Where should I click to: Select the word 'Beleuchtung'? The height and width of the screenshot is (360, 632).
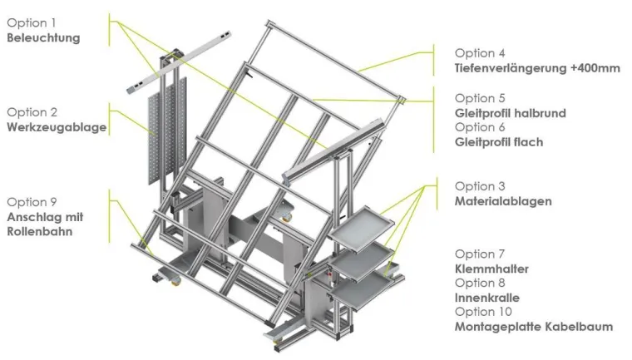click(x=44, y=37)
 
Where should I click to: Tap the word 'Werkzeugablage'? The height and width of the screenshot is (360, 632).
click(x=56, y=127)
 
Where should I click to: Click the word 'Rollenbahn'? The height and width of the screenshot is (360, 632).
click(x=40, y=232)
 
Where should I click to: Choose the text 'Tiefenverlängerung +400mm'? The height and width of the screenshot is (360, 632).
click(x=537, y=68)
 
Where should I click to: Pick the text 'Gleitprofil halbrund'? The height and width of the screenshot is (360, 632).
click(x=510, y=113)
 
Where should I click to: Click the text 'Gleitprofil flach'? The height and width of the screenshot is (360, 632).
click(x=499, y=142)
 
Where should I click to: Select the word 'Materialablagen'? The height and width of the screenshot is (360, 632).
click(x=502, y=201)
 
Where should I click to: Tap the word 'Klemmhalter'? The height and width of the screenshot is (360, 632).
click(x=491, y=269)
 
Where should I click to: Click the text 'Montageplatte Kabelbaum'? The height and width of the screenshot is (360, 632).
click(x=533, y=327)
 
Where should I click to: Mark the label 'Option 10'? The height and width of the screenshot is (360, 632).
click(x=484, y=312)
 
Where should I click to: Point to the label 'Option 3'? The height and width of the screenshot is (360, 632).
click(x=481, y=186)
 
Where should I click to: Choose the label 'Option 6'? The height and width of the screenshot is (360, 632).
click(x=481, y=127)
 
